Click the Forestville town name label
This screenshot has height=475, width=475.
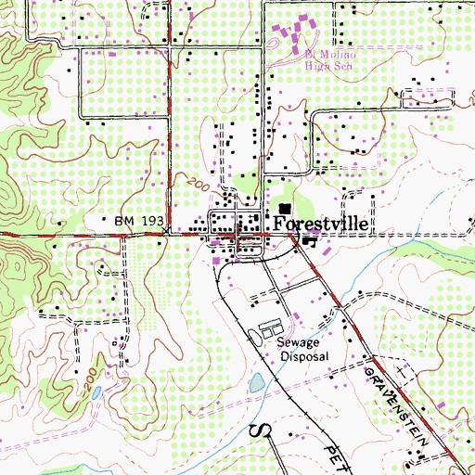pyautogui.click(x=321, y=225)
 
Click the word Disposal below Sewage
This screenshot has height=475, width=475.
pyautogui.click(x=304, y=355)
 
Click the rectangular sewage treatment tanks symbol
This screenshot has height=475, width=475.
pyautogui.click(x=270, y=329)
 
